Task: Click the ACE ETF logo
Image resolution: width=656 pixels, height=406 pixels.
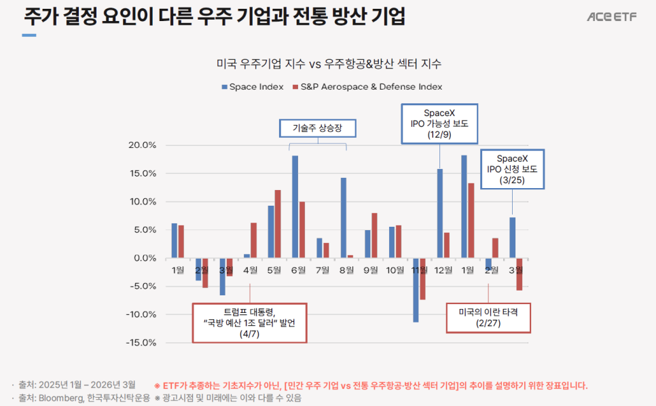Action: point(612,17)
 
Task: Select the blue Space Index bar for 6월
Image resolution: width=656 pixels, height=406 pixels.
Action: point(295,207)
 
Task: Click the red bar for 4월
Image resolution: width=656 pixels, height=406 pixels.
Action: point(253,240)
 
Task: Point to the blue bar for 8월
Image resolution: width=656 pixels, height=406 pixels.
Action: point(344,218)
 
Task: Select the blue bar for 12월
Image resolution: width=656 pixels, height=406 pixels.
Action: point(440,213)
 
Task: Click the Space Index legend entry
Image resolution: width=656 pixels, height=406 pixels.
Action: point(251,87)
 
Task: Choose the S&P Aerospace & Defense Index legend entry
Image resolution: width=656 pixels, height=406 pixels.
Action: point(367,87)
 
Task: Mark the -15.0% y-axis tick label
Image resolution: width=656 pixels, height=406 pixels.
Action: point(141,342)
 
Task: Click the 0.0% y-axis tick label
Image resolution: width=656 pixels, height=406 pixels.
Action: point(144,258)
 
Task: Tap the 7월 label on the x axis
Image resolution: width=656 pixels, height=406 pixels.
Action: point(323,270)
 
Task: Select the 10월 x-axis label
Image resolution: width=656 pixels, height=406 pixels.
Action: point(395,270)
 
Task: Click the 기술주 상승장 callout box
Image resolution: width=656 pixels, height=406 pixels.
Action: point(318,128)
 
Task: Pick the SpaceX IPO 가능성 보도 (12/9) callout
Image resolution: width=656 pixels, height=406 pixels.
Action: point(439,124)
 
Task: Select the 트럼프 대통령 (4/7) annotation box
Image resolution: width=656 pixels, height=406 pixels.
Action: point(249,323)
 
